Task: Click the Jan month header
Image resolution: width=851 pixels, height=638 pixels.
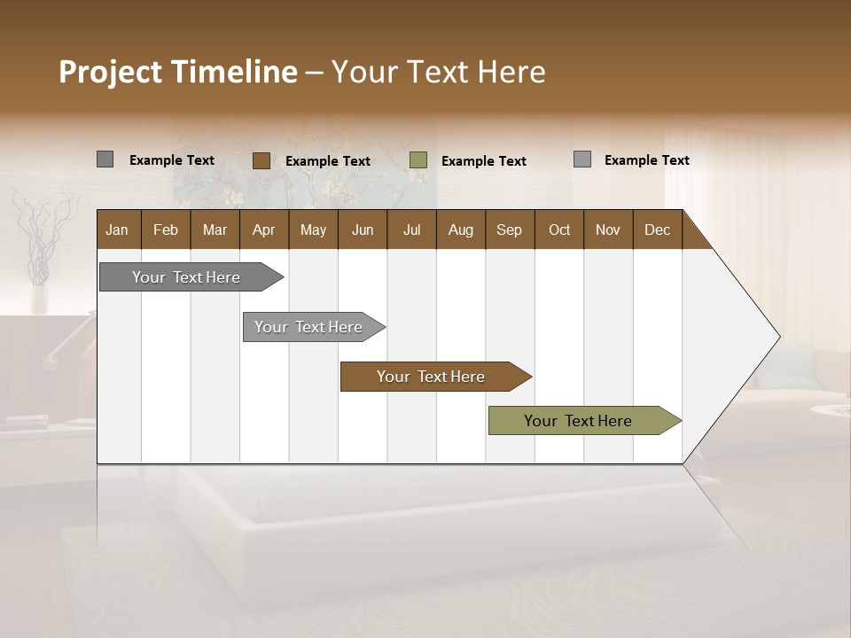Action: point(117,230)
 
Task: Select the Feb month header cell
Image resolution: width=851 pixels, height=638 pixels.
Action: point(166,230)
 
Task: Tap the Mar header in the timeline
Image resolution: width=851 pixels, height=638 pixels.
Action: point(215,230)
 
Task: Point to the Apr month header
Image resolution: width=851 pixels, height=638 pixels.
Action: point(263,230)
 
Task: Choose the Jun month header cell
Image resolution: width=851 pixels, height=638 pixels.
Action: point(363,230)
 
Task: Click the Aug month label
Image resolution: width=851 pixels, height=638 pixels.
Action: point(460,230)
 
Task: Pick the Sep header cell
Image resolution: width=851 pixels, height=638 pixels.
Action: point(509,230)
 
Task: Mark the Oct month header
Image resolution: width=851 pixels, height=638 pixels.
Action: point(559,230)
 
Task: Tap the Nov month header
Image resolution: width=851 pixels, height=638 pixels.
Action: point(608,230)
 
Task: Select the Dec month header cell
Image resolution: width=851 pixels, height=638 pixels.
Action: point(657,230)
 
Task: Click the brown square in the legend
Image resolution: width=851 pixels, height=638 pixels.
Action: point(261,160)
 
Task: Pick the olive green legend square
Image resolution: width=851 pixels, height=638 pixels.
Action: point(418,160)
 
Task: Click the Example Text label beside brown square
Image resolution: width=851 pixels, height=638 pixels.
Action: point(328,161)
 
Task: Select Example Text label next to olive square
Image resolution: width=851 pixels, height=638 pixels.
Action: point(484,161)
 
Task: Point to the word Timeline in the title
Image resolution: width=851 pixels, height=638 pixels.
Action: point(234,72)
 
